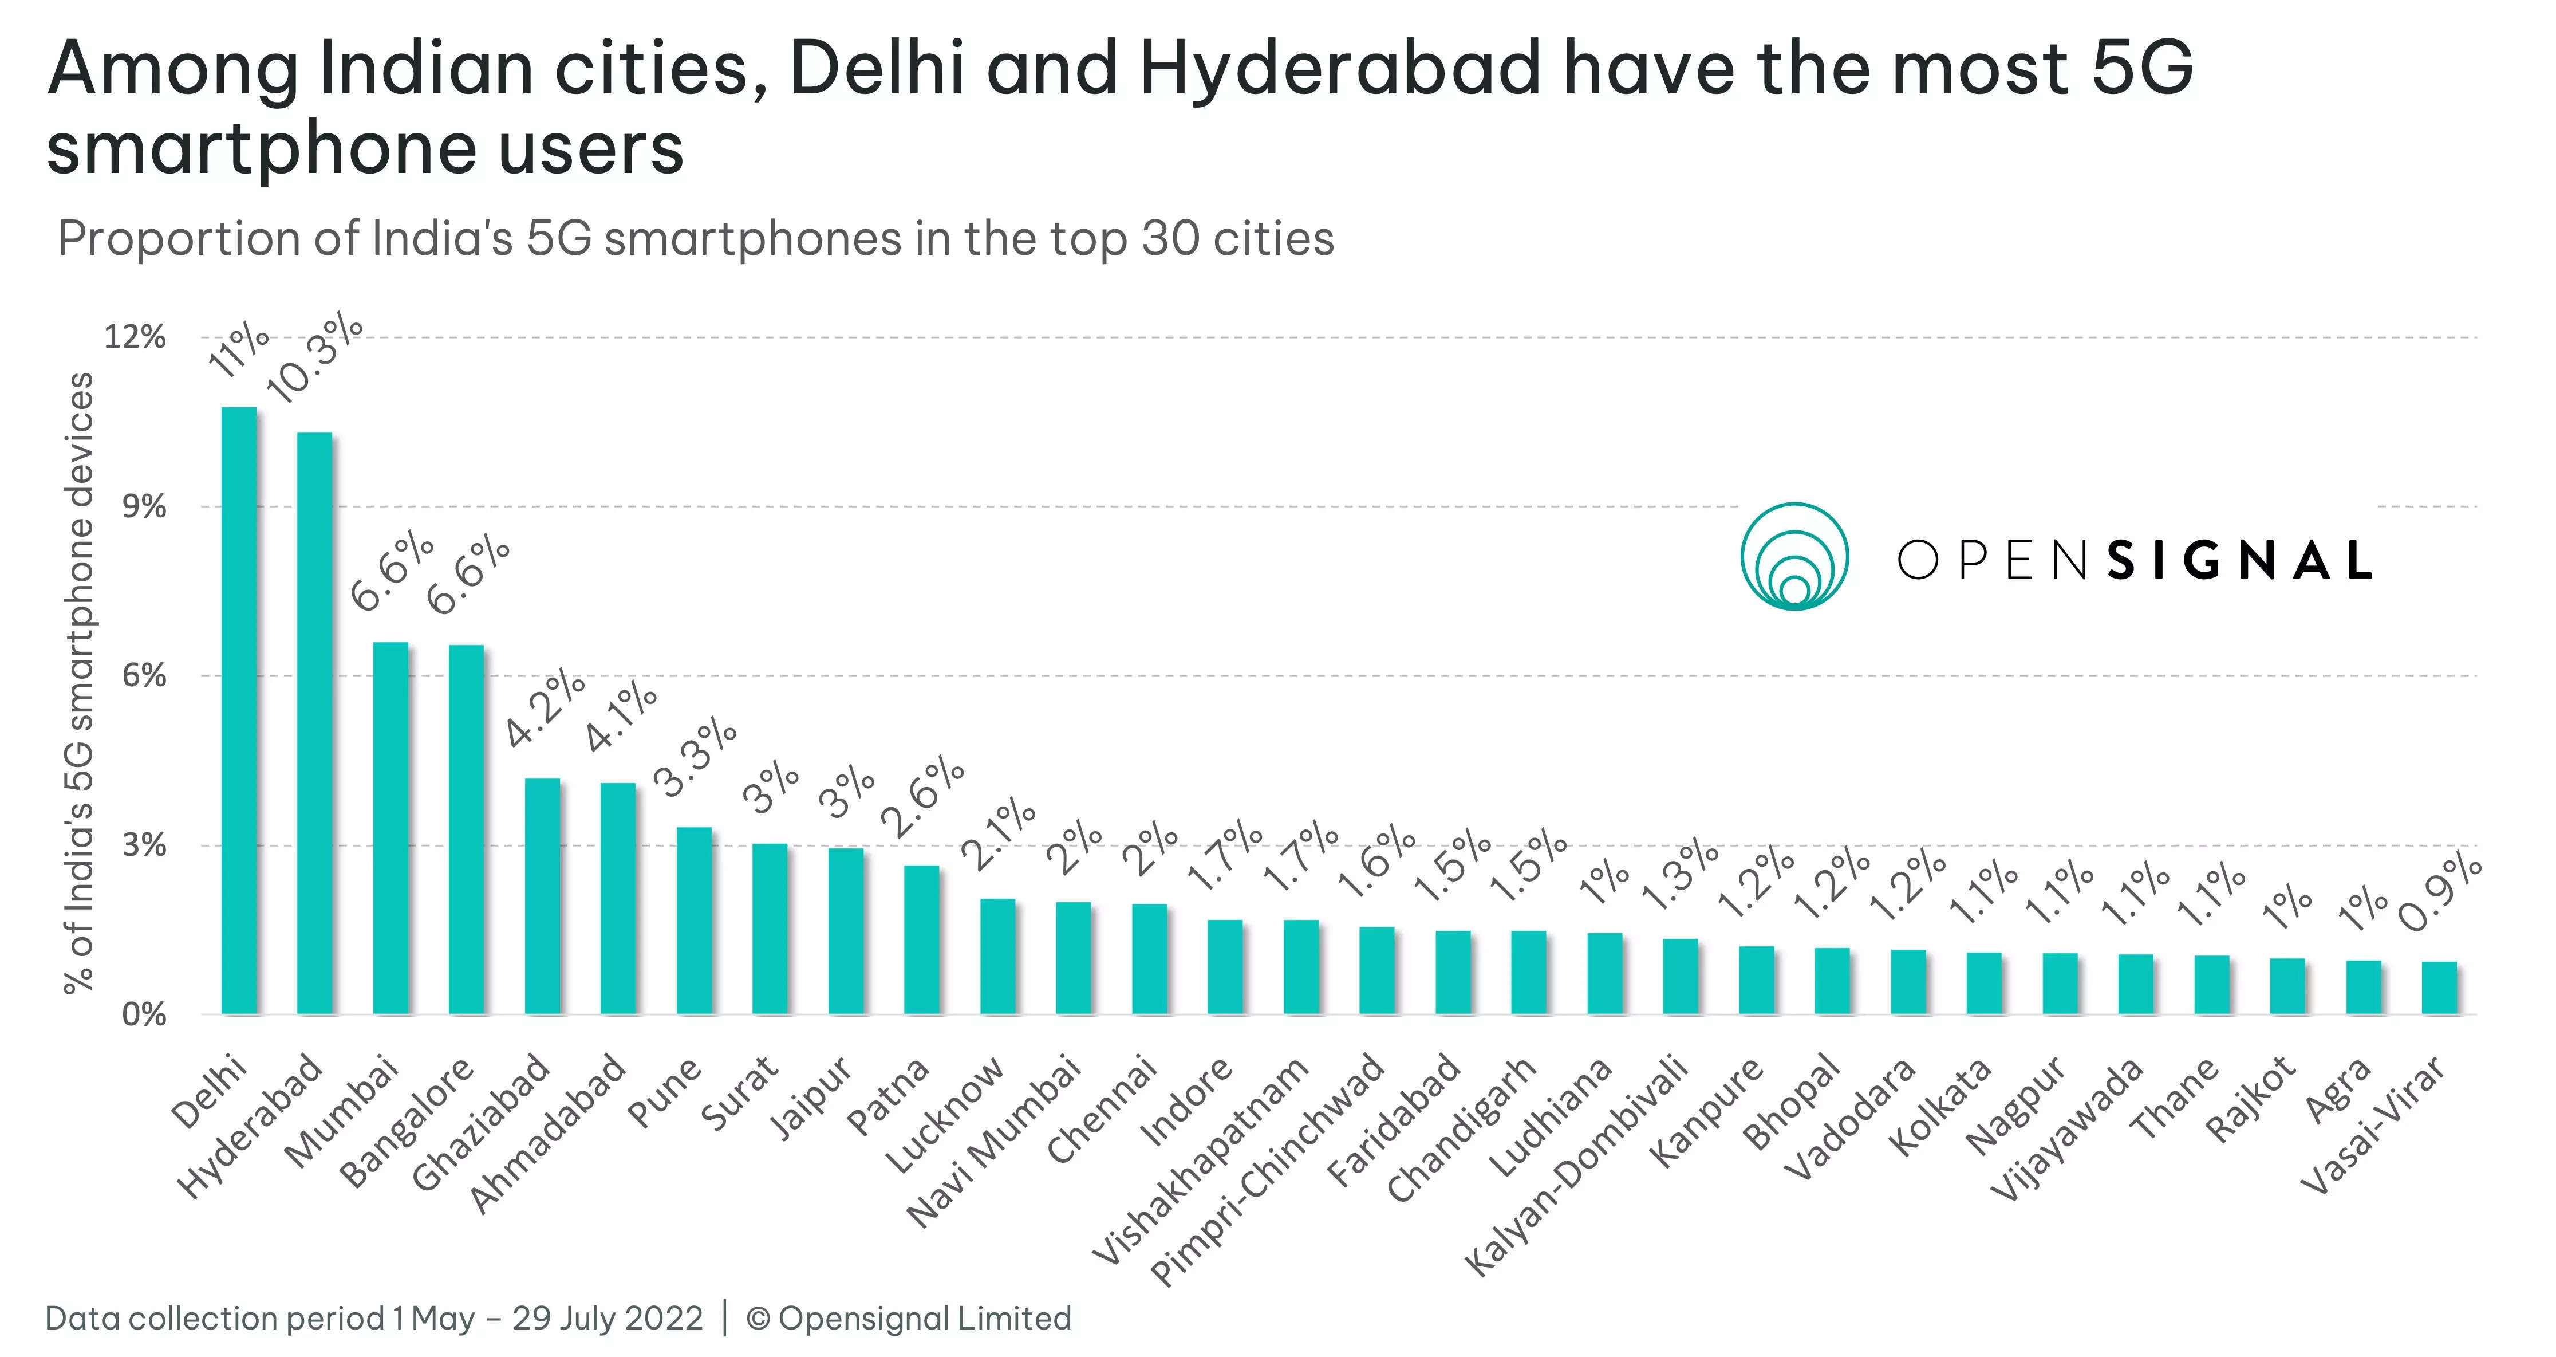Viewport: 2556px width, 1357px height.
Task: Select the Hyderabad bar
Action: coord(314,723)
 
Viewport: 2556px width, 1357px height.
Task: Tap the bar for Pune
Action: coord(693,920)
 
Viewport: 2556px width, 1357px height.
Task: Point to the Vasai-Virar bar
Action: coord(2439,988)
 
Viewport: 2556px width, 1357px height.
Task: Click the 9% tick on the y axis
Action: coord(144,508)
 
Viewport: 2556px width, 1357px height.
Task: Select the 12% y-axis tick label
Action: coord(135,337)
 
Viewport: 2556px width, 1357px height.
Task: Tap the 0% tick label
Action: coord(144,1014)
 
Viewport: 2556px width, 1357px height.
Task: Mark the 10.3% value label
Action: coord(315,357)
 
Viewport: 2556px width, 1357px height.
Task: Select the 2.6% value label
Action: coord(923,797)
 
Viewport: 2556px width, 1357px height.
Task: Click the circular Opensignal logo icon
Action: coord(1794,556)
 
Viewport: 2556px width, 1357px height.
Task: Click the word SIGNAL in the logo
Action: coord(2238,561)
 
